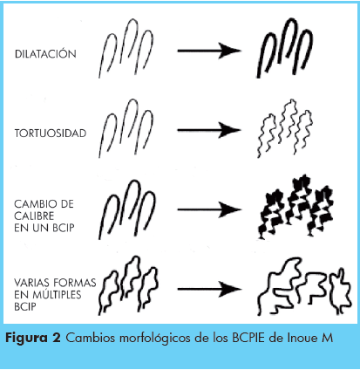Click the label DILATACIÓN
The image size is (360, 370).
(x=45, y=54)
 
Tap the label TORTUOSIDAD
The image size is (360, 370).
(x=51, y=134)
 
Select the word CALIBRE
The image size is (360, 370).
(x=34, y=216)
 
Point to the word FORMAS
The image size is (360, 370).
(x=75, y=283)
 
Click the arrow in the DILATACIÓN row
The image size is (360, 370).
(x=209, y=51)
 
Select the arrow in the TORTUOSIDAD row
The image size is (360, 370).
(x=209, y=130)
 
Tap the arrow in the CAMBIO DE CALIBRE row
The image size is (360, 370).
(x=209, y=209)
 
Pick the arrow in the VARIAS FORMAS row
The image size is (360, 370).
(x=209, y=289)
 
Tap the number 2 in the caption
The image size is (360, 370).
(x=57, y=338)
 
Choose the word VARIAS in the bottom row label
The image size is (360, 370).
(x=32, y=283)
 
